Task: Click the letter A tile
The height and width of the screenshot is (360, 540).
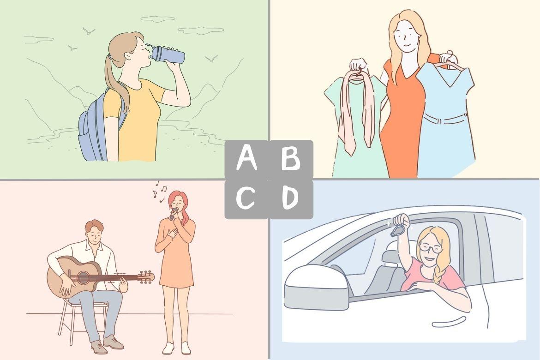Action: pyautogui.click(x=246, y=159)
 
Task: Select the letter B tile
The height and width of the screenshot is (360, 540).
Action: pyautogui.click(x=291, y=159)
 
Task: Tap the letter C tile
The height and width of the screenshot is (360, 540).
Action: pyautogui.click(x=246, y=199)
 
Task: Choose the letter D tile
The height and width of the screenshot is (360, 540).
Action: pyautogui.click(x=291, y=199)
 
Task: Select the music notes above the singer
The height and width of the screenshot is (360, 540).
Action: pyautogui.click(x=160, y=191)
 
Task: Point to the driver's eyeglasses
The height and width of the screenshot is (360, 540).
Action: pyautogui.click(x=429, y=248)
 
